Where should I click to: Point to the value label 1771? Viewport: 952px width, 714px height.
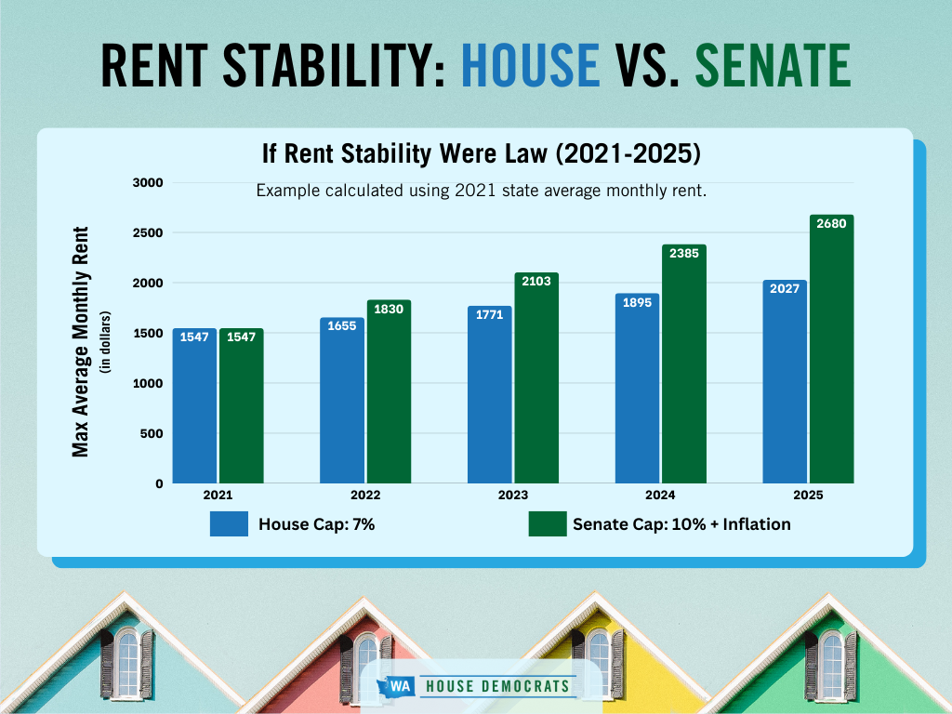(489, 314)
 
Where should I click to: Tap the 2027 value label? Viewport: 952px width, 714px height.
(785, 288)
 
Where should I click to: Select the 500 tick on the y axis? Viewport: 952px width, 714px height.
(152, 433)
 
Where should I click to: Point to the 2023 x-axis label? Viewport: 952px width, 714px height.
(512, 496)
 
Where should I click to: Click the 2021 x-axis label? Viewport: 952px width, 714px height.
(218, 496)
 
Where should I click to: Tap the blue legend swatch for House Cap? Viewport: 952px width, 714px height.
(229, 523)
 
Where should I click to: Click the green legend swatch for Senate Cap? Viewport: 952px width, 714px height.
(547, 523)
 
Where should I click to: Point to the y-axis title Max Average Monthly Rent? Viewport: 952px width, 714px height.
(81, 341)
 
